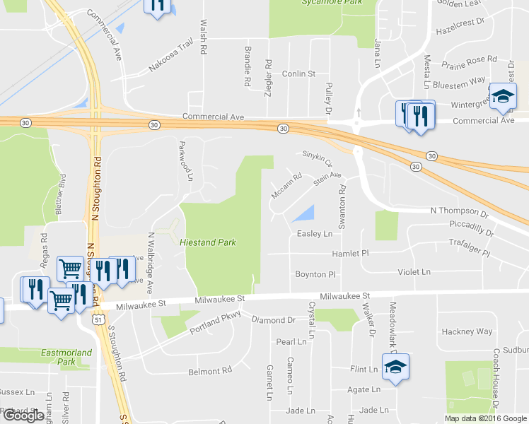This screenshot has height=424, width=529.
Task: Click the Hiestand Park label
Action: coord(208,242)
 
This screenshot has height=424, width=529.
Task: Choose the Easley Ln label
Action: coord(315,233)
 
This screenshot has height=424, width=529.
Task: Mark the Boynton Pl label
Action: coord(315,273)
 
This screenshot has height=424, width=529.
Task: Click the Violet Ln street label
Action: coord(414,271)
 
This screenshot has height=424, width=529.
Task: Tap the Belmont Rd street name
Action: coord(210,370)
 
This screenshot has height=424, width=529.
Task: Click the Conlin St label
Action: coord(298,73)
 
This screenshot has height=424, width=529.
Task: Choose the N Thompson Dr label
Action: coord(460,212)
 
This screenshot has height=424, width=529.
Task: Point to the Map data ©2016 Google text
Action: coord(486,418)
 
